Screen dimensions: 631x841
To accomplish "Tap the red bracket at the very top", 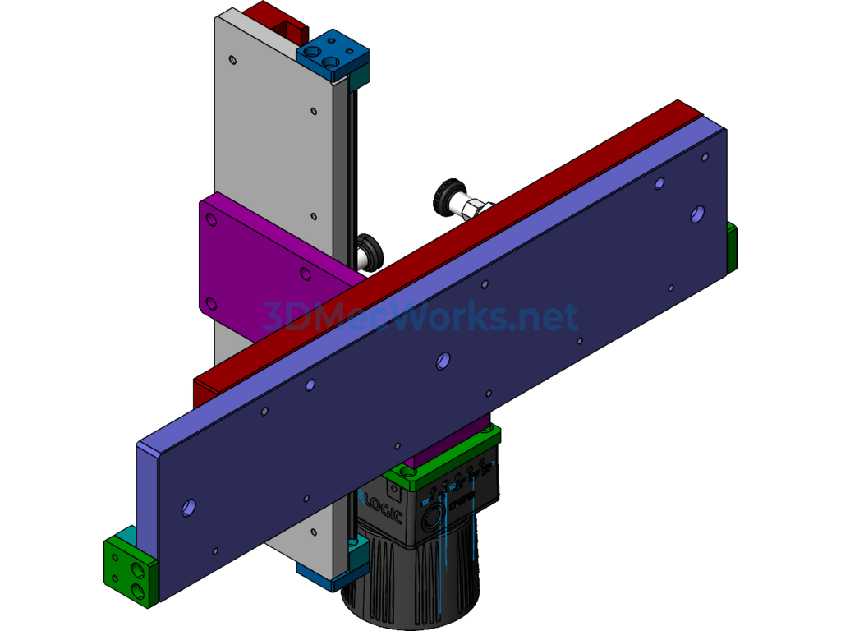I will (275, 21).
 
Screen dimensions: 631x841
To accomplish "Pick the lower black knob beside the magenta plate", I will (370, 251).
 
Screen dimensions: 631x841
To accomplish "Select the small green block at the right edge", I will (731, 247).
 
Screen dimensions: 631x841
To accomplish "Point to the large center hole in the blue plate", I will (443, 360).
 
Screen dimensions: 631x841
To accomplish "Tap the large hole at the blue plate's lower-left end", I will (189, 508).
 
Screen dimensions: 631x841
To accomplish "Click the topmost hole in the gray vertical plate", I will (233, 59).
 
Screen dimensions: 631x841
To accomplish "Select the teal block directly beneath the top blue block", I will (359, 81).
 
